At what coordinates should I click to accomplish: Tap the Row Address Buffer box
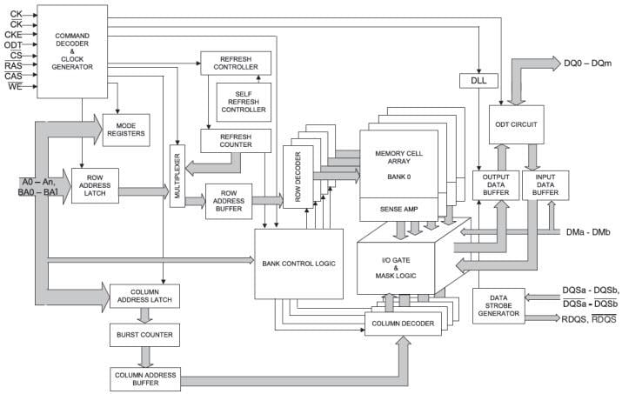coord(229,201)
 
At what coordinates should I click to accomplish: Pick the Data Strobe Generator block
coord(498,305)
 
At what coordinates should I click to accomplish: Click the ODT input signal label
coord(12,43)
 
